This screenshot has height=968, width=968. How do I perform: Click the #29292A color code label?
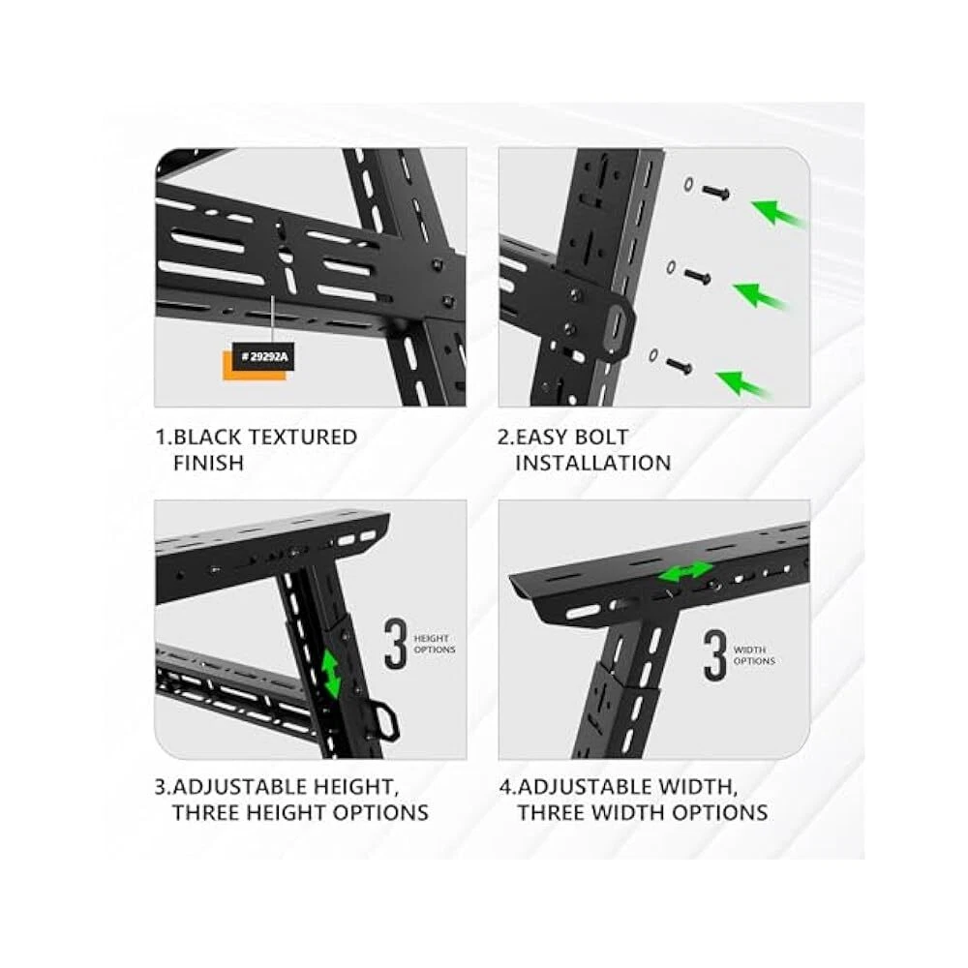pos(263,357)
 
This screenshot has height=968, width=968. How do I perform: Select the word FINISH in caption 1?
pos(209,463)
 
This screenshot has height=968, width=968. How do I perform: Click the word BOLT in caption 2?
pos(600,438)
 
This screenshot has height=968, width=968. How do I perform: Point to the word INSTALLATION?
pos(592,463)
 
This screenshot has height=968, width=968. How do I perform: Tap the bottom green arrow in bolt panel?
pos(743,382)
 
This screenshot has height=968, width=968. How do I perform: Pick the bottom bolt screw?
pos(680,366)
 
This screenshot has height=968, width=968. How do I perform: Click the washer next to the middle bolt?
pos(671,268)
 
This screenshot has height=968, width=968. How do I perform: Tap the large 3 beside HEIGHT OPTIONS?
pos(395,644)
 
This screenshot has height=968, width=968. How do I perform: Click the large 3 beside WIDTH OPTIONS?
pos(715,655)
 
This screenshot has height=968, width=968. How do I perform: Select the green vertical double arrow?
pos(332,676)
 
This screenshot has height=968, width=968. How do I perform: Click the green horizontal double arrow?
pos(685,571)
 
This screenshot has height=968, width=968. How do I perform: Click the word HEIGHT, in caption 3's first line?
pos(353,787)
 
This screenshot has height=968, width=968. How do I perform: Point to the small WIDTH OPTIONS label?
pos(754,655)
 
